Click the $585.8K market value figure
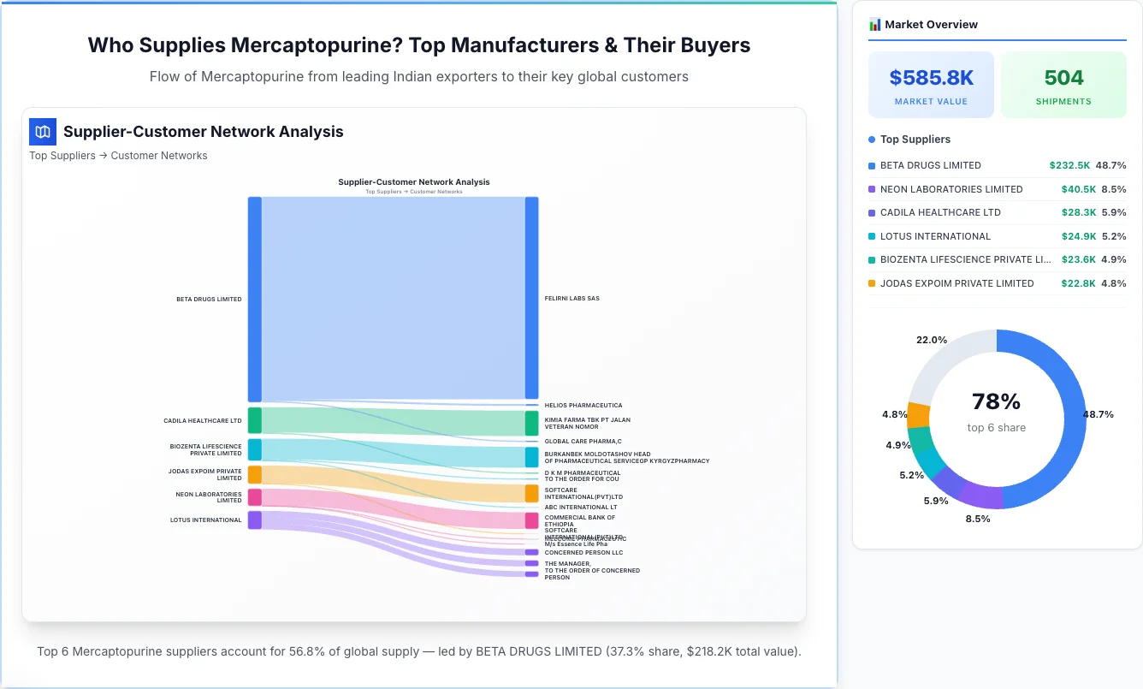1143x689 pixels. pyautogui.click(x=931, y=78)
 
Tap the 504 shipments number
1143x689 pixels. pyautogui.click(x=1063, y=78)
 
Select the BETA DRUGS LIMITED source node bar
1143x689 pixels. pyautogui.click(x=255, y=299)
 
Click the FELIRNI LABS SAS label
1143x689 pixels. pyautogui.click(x=571, y=299)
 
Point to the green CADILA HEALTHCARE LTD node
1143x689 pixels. pyautogui.click(x=255, y=420)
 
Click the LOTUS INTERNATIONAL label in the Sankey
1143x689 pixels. pyautogui.click(x=205, y=520)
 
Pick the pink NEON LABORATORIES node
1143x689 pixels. pyautogui.click(x=255, y=497)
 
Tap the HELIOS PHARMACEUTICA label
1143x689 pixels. pyautogui.click(x=583, y=406)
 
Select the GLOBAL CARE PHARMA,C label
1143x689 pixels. pyautogui.click(x=583, y=442)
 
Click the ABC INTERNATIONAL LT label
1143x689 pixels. pyautogui.click(x=580, y=508)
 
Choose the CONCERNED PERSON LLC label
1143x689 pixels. pyautogui.click(x=583, y=553)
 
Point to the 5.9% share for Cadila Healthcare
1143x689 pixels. pyautogui.click(x=1114, y=212)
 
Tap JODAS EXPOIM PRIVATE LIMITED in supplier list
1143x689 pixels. pyautogui.click(x=956, y=283)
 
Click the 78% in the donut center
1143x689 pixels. pyautogui.click(x=996, y=401)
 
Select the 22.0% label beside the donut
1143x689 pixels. pyautogui.click(x=932, y=340)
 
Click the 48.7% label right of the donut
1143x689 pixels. pyautogui.click(x=1098, y=414)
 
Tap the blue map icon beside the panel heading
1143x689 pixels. pyautogui.click(x=43, y=132)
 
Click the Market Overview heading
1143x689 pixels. pyautogui.click(x=931, y=25)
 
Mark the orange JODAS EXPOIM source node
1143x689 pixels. pyautogui.click(x=255, y=475)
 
